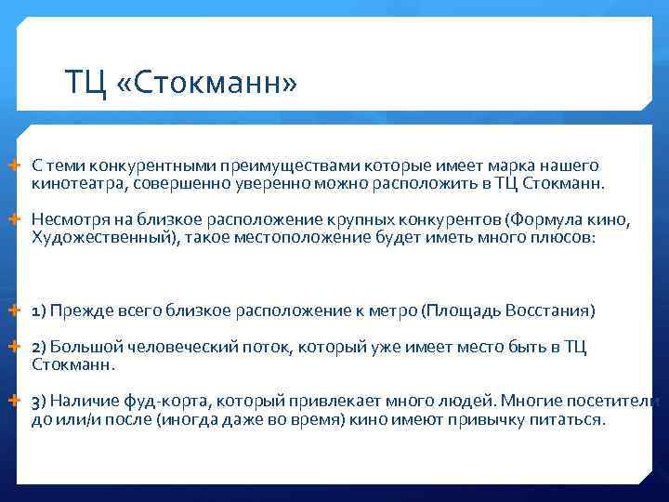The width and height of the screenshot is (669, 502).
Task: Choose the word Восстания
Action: click(x=544, y=310)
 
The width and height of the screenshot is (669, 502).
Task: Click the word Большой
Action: click(x=83, y=347)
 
